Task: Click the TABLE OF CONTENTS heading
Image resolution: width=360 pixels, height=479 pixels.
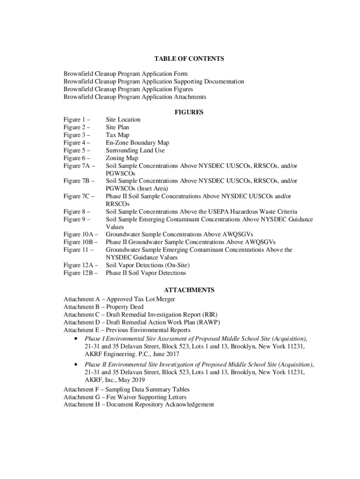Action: click(x=189, y=59)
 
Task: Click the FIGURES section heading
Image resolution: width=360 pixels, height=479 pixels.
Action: click(x=189, y=112)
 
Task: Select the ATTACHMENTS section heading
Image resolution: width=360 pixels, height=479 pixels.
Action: click(x=189, y=290)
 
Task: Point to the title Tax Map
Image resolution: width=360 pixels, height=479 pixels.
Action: click(x=117, y=135)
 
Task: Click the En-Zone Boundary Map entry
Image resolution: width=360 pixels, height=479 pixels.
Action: click(x=137, y=143)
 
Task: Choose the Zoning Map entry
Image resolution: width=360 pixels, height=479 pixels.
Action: click(x=122, y=158)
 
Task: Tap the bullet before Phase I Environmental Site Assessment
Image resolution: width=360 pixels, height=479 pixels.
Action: click(x=76, y=338)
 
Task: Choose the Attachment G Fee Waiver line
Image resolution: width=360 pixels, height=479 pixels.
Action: click(x=125, y=397)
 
